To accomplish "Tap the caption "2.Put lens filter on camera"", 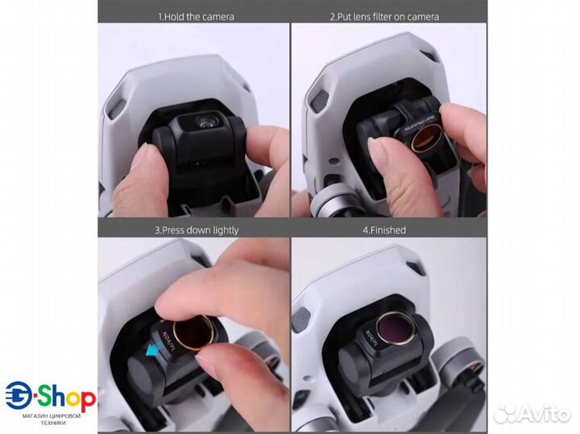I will click(384, 16).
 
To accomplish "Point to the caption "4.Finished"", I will click(384, 229).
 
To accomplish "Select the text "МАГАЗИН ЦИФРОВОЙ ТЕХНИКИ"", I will click(51, 420).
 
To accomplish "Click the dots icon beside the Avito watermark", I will click(505, 412).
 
